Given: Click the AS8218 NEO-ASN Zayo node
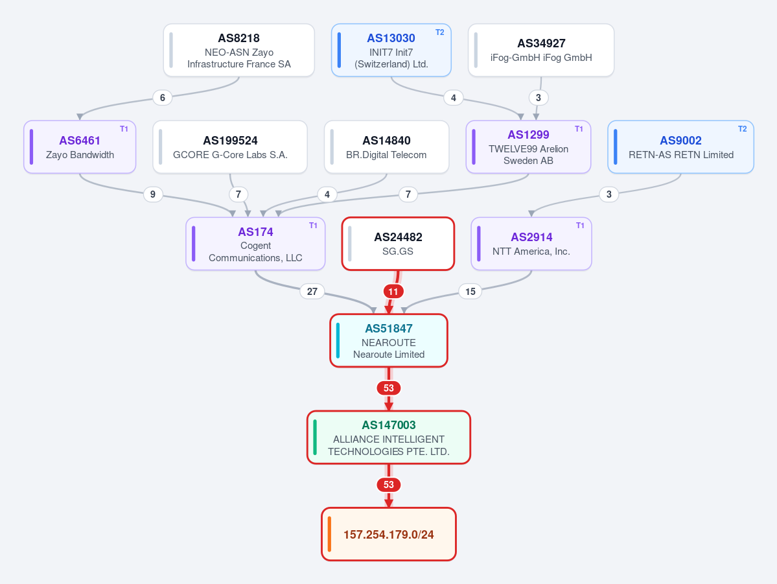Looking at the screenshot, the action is tap(239, 50).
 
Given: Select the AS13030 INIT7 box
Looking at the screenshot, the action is tap(391, 50).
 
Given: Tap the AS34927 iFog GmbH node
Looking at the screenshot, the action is tap(541, 50).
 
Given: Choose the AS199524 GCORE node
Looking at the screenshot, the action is tap(230, 146).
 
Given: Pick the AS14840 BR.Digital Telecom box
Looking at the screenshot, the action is tap(386, 146).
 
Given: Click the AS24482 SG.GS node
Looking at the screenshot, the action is tap(398, 244).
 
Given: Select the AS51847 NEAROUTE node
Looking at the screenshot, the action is tap(389, 340).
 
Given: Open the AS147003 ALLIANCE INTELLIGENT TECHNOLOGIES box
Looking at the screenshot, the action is tap(389, 438).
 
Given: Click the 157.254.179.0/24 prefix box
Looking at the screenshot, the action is tap(389, 534).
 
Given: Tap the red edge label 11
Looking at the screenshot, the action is tap(393, 292).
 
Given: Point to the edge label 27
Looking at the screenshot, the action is tap(312, 292).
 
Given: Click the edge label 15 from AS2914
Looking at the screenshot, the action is tap(470, 292).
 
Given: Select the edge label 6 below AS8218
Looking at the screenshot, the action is tap(163, 98).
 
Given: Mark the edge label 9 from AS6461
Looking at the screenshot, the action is tap(153, 194).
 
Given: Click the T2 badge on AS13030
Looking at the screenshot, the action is tap(439, 32).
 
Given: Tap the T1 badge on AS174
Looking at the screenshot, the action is tap(313, 226).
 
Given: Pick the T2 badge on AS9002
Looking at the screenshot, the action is tap(742, 129).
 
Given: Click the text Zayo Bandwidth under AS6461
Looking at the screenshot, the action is tap(80, 155).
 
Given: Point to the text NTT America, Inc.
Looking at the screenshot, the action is tap(531, 251).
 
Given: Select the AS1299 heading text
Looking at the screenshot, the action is tap(528, 134).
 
